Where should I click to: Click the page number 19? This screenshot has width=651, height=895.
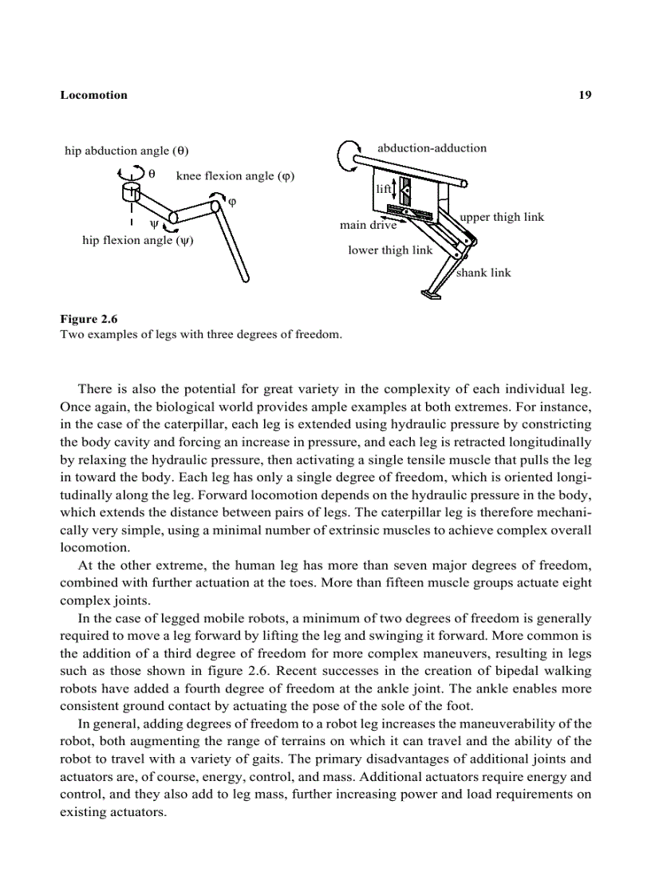pyautogui.click(x=585, y=95)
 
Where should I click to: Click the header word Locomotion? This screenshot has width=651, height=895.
pyautogui.click(x=93, y=95)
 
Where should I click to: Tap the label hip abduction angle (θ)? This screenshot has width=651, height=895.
pyautogui.click(x=126, y=151)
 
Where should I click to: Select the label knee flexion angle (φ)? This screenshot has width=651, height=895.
pyautogui.click(x=235, y=176)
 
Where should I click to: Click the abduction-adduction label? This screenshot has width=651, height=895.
pyautogui.click(x=431, y=147)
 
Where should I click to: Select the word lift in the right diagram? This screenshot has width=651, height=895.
pyautogui.click(x=383, y=189)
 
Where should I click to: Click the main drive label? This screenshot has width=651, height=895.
pyautogui.click(x=368, y=226)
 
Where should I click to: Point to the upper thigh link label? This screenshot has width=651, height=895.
pyautogui.click(x=502, y=217)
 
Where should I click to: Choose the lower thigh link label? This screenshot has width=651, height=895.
pyautogui.click(x=389, y=250)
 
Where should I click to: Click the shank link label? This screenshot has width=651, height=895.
pyautogui.click(x=483, y=273)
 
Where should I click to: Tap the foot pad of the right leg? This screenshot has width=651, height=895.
pyautogui.click(x=432, y=296)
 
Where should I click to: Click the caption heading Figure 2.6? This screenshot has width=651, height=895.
pyautogui.click(x=89, y=320)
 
